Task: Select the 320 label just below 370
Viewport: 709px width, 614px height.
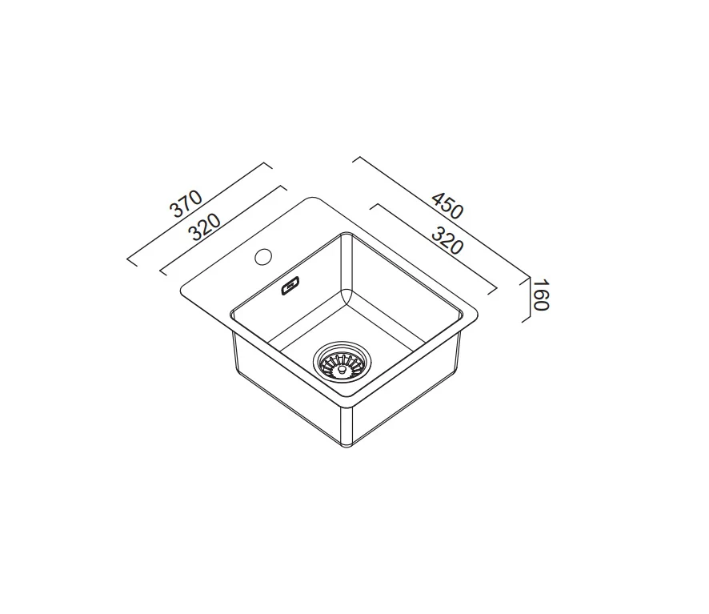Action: coord(206,227)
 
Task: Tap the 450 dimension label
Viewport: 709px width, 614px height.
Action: coord(447,206)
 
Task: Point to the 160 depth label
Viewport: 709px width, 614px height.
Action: coord(539,295)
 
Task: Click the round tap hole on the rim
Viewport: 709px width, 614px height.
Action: coord(262,257)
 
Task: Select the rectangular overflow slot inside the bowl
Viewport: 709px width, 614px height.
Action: coord(290,286)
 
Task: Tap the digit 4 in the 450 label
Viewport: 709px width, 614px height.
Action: coord(437,199)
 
